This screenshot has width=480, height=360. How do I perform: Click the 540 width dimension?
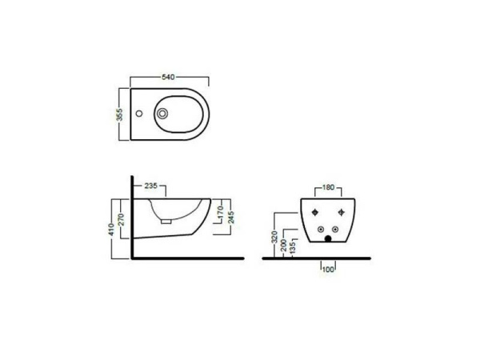[x=169, y=77]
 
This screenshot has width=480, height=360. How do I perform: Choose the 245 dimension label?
[x=230, y=214]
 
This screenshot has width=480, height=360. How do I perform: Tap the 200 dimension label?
[x=284, y=244]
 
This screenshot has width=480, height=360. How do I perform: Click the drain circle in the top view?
[x=164, y=114]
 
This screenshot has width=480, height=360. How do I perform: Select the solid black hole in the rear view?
[x=329, y=238]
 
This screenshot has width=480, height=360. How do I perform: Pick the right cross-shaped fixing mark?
[x=341, y=212]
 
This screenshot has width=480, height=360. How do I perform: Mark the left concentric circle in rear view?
[x=321, y=229]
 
